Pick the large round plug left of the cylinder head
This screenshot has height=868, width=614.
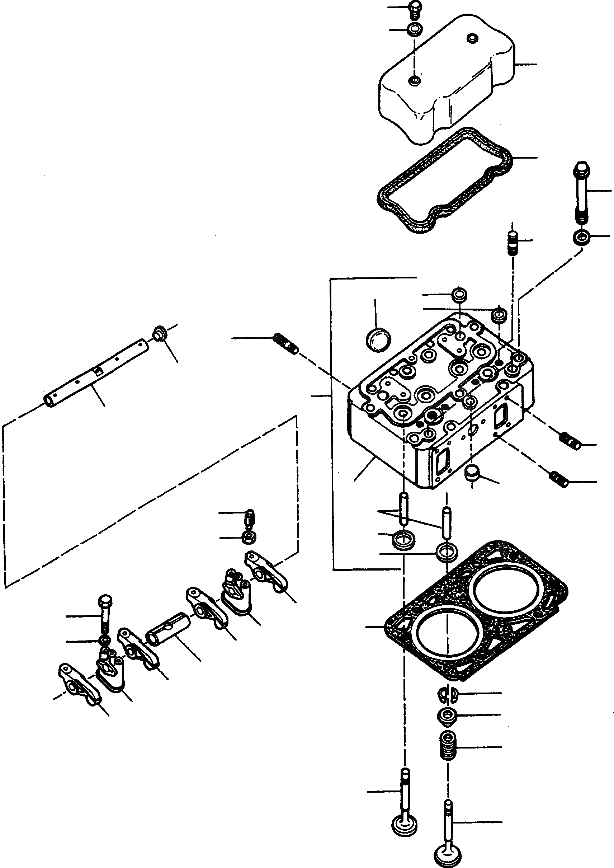[378, 340]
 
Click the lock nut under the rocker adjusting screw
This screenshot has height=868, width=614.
[249, 537]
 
